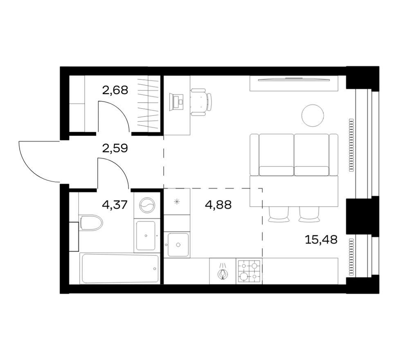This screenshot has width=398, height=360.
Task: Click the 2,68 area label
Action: coord(115,90)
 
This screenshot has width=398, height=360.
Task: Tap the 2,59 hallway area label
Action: coord(115,148)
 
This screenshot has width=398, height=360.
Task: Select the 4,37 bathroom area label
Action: coord(115,205)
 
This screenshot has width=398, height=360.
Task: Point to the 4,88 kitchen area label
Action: coord(218,205)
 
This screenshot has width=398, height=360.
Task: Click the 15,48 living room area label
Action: coord(321,239)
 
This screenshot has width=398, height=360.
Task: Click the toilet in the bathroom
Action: coord(90,223)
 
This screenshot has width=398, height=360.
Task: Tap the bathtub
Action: coord(119,268)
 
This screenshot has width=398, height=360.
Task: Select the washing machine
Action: coord(147,205)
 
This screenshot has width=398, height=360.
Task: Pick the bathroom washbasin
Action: coord(146,236)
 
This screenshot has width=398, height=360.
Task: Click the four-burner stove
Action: coord(249,271)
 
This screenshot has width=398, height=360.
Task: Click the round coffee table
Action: coord(313,115)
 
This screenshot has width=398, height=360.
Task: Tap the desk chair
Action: coord(201,102)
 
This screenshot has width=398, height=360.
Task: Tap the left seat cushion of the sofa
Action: coord(276,155)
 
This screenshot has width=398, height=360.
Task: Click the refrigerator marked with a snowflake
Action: coord(177,202)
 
